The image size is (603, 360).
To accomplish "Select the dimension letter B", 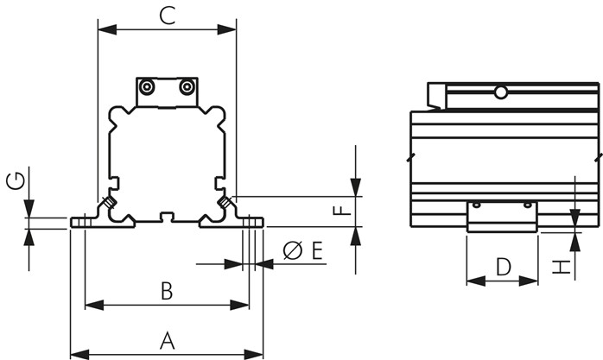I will tap(167, 291).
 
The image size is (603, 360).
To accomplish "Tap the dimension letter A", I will tap(168, 340).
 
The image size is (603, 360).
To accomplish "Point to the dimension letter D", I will tap(503, 266).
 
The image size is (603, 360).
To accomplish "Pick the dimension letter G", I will tap(14, 180).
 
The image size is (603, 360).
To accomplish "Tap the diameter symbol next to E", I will tap(292, 251).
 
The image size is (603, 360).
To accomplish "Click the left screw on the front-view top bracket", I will tap(148, 87).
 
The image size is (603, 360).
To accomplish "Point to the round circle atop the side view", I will tap(500, 92).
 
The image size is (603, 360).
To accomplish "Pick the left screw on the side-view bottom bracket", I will tap(476, 205).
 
